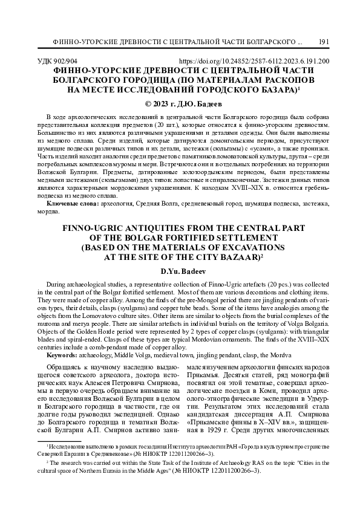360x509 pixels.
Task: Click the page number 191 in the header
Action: (323, 42)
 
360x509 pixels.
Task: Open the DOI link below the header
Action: (255, 61)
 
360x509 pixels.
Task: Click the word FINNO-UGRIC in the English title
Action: (89, 229)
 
